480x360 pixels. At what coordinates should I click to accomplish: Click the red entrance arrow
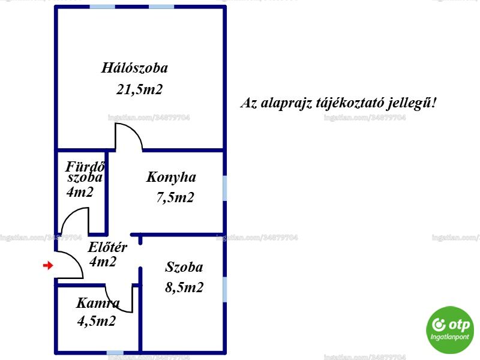point(48,265)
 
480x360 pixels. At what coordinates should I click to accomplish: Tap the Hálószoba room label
point(134,68)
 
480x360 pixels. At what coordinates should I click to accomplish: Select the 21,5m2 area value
point(139,89)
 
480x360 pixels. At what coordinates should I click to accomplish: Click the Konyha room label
point(171,178)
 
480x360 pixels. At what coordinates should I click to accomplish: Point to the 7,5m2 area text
point(175,197)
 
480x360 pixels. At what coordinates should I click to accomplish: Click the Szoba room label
point(184,267)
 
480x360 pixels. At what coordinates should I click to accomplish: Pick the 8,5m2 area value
point(184,287)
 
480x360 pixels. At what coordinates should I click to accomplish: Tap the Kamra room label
point(98,303)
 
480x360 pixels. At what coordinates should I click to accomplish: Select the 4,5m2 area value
point(97,321)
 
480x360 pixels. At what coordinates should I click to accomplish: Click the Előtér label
point(107,247)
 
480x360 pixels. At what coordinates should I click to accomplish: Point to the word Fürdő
point(85,167)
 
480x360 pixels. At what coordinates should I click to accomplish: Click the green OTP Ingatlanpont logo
point(450,330)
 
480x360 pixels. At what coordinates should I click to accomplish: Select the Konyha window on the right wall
point(224,188)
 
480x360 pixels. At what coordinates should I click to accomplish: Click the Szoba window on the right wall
point(224,289)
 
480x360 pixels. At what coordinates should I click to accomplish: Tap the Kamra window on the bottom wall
point(115,353)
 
